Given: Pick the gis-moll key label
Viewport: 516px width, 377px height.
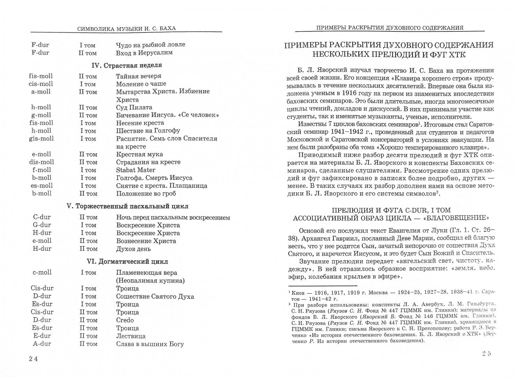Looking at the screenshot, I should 41,139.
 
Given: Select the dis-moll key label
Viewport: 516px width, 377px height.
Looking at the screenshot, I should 42,162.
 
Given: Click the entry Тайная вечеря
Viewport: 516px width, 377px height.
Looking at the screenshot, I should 139,76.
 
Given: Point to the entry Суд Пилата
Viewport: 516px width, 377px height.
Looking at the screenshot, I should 134,108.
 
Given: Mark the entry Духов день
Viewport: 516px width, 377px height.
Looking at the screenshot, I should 133,249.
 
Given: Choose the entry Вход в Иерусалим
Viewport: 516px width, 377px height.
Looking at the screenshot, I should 144,53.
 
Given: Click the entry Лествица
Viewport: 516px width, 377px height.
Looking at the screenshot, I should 131,336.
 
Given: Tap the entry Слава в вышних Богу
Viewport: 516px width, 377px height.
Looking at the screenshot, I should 150,344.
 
